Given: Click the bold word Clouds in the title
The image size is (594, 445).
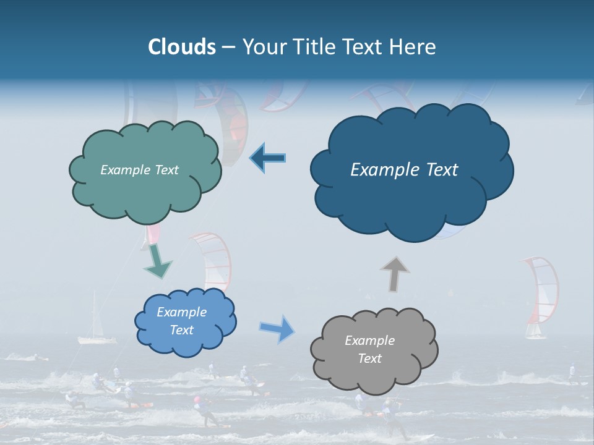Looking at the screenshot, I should pos(182,47).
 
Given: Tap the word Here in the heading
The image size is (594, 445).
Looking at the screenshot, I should pos(414,47).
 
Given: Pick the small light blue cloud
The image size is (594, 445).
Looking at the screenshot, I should pos(185,321).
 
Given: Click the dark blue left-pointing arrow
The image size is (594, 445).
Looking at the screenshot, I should pos(268,158).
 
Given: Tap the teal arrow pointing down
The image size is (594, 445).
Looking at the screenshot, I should pos(157,261).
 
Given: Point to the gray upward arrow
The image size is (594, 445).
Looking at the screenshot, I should pos(394,273).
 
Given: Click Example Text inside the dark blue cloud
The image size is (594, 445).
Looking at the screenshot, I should pos(404,170).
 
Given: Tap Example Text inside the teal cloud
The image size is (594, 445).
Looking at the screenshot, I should pos(139,170).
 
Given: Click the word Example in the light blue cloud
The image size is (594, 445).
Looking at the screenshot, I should pos(181,312).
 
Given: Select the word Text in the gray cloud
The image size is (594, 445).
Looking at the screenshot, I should pos(370,358).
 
